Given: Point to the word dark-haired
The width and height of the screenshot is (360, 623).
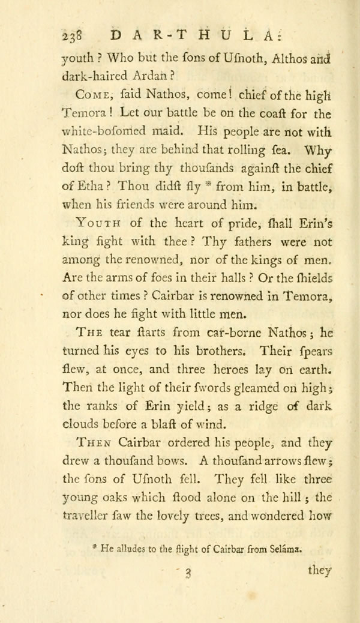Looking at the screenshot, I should click(x=93, y=76).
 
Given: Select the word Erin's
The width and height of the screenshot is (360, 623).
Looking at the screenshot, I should click(x=313, y=223).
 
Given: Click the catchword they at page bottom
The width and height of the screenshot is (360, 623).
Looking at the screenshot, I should click(x=316, y=570).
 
